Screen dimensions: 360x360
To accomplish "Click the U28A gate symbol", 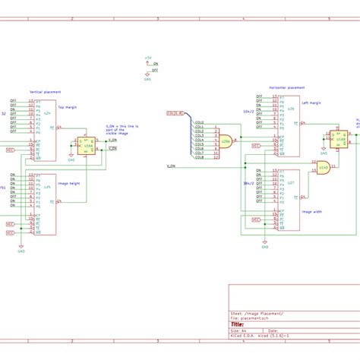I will pos(225,141).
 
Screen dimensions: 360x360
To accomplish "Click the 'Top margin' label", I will pos(67,107).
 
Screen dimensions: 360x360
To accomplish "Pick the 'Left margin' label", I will pos(312,101).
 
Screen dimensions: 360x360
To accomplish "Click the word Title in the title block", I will pos(237,324).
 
